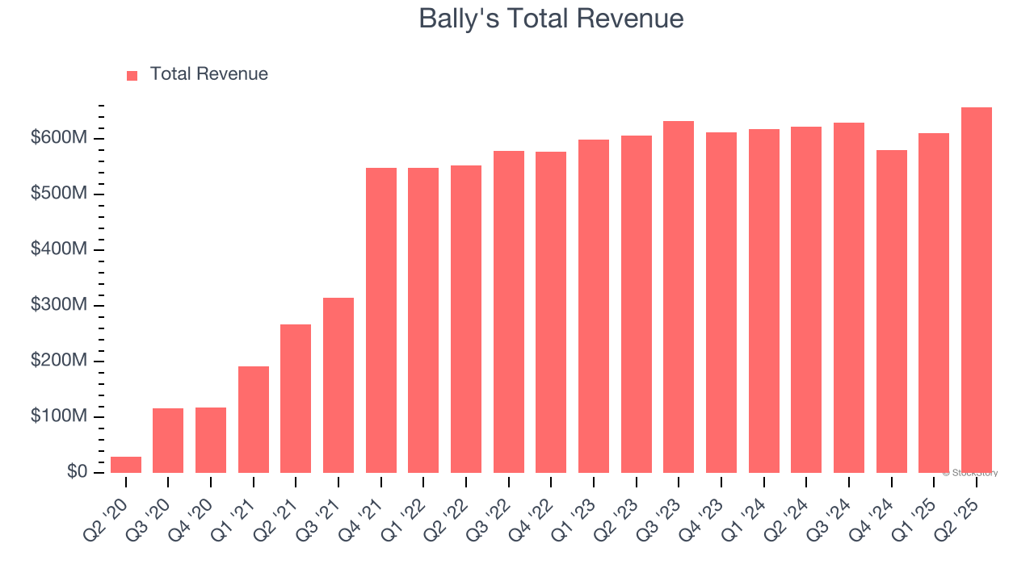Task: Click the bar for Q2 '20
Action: (x=126, y=465)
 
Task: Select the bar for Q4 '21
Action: (x=381, y=320)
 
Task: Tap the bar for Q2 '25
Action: (x=977, y=290)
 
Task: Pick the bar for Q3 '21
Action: (x=338, y=385)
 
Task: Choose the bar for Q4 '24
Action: (x=892, y=311)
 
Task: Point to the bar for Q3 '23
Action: (x=679, y=297)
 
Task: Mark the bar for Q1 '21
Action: (x=254, y=420)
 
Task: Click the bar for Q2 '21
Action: (x=296, y=399)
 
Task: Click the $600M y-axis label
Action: (x=59, y=139)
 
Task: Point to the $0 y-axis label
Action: (x=77, y=472)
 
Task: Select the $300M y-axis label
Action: (x=59, y=306)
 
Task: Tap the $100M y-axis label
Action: (x=59, y=417)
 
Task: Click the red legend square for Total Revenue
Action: (x=132, y=76)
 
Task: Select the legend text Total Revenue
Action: (x=209, y=74)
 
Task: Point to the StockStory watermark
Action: (x=969, y=473)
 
